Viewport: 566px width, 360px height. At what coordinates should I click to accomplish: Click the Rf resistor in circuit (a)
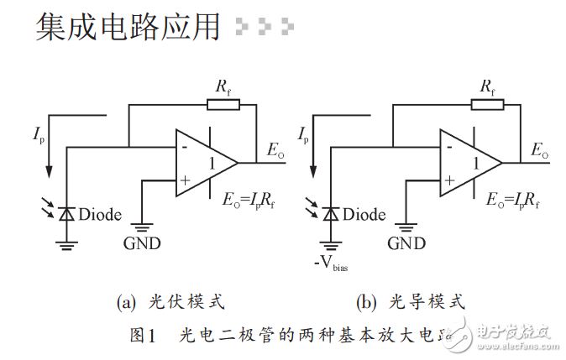click(x=223, y=105)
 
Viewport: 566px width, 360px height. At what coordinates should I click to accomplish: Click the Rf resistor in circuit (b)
click(x=488, y=105)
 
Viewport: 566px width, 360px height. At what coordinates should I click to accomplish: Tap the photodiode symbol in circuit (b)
click(x=330, y=214)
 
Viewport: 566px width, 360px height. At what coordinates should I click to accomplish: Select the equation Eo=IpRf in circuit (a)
click(x=249, y=200)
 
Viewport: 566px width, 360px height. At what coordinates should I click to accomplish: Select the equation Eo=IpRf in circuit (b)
click(x=513, y=200)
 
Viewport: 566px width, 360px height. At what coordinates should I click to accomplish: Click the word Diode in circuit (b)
click(x=364, y=215)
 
